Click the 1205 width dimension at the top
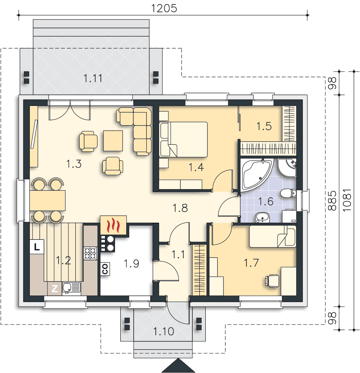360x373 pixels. (164, 8)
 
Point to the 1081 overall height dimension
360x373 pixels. (347, 200)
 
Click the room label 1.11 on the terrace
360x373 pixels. (93, 78)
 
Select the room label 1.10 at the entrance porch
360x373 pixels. (163, 331)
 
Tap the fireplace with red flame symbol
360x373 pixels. (113, 225)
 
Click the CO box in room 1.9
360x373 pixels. (105, 269)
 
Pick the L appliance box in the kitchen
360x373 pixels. (37, 247)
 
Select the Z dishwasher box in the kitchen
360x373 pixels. (55, 289)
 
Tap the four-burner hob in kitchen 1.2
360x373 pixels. (90, 253)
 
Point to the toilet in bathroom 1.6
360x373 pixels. (288, 193)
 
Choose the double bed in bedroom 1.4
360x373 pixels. (183, 140)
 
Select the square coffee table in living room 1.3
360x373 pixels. (113, 141)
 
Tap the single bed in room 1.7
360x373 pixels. (273, 236)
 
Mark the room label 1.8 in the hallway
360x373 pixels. (180, 208)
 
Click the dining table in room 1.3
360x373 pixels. (47, 200)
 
